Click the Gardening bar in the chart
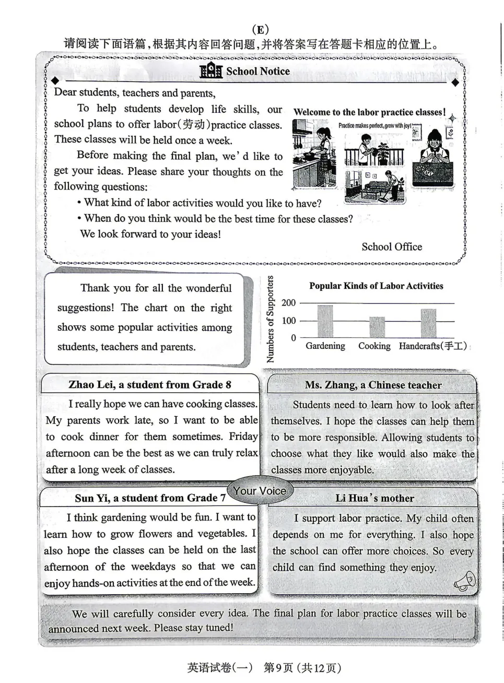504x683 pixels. [325, 321]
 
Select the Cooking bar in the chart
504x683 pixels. [377, 327]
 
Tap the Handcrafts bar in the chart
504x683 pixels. [428, 323]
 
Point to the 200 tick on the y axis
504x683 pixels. [288, 302]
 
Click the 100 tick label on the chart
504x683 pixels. [288, 321]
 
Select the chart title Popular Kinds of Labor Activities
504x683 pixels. [376, 286]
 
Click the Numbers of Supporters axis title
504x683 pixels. [270, 319]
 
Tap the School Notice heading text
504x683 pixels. [258, 71]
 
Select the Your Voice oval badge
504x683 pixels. [260, 490]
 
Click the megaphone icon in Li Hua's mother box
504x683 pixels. [464, 581]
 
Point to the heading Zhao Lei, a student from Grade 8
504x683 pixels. [150, 384]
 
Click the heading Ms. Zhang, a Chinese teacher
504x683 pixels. [373, 385]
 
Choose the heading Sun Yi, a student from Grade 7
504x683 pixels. [150, 498]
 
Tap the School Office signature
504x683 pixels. [392, 246]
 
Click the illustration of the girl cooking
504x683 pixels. [314, 154]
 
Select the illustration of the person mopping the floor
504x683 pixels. [374, 187]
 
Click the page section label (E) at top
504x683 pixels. [260, 30]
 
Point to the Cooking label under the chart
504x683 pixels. [374, 346]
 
